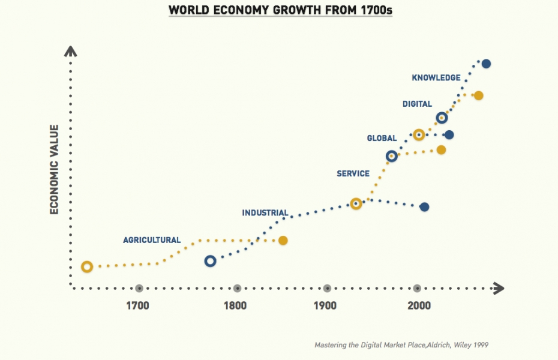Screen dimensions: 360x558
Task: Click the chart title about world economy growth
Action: click(x=280, y=10)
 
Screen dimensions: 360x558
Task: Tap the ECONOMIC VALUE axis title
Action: click(x=54, y=169)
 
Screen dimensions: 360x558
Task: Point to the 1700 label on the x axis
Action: click(x=138, y=305)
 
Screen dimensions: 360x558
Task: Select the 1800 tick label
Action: click(x=235, y=305)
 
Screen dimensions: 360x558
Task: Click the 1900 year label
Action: click(x=325, y=305)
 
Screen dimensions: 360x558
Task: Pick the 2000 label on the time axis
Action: click(x=419, y=305)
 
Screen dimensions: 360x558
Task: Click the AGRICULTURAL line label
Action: click(x=152, y=240)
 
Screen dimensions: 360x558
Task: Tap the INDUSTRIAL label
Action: click(x=265, y=213)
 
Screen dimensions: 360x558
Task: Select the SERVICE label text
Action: click(x=353, y=174)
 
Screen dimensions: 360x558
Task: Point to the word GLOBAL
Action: click(x=382, y=139)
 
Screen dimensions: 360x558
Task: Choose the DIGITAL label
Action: click(x=417, y=104)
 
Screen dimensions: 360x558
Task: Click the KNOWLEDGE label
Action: click(x=436, y=78)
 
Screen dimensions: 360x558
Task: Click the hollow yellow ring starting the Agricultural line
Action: click(x=87, y=266)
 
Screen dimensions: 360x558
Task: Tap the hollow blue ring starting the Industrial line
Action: click(x=210, y=261)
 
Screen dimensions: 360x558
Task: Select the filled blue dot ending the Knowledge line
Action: click(x=487, y=64)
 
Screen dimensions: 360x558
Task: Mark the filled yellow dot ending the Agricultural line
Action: click(x=283, y=241)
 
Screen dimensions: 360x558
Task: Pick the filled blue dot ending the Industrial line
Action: click(x=424, y=207)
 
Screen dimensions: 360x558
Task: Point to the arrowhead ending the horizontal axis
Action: click(x=497, y=289)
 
